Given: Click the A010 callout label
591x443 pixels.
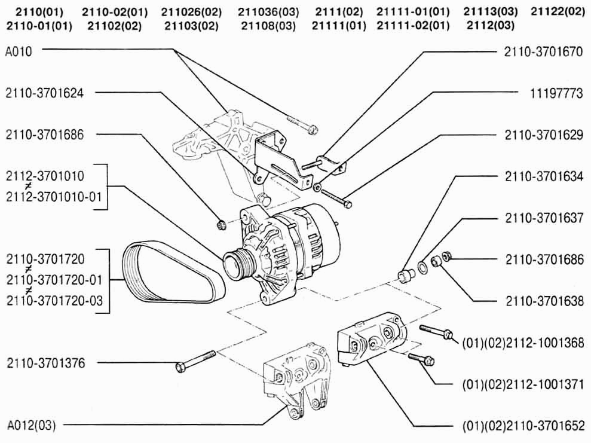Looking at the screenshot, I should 19,51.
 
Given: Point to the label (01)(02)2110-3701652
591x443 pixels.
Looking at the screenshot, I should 522,427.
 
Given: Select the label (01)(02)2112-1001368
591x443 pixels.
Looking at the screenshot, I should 522,343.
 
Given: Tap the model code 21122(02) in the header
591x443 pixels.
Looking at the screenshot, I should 558,11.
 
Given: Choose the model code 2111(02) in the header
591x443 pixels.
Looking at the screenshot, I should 337,11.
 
